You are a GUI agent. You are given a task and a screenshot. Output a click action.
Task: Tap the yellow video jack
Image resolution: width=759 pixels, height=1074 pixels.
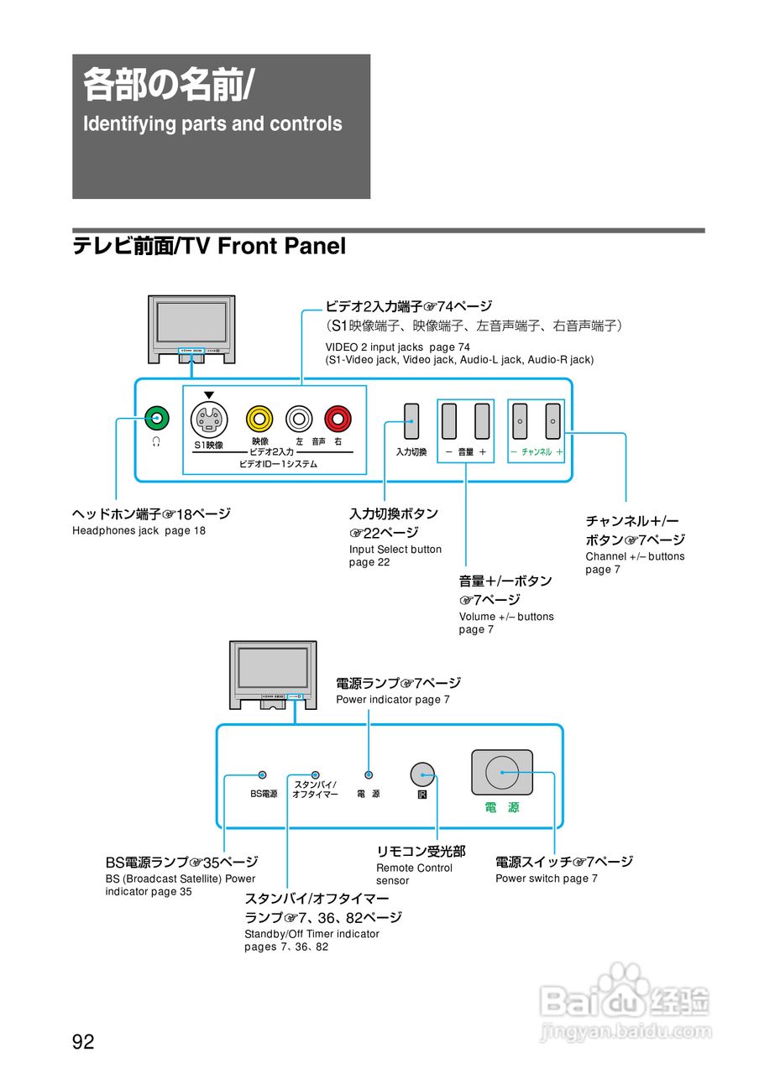259,417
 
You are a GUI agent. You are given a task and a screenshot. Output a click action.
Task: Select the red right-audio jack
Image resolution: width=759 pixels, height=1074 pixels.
338,417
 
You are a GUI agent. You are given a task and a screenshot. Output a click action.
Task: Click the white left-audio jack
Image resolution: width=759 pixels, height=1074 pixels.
299,417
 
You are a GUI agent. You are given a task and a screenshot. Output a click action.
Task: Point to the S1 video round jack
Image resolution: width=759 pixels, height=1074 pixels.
209,417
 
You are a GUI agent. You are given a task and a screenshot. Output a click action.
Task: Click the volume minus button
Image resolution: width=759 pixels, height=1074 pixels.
449,421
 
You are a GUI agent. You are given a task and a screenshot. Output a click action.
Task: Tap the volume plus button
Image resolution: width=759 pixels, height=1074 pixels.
482,421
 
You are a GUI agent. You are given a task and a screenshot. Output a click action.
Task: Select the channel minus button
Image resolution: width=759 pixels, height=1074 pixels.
520,421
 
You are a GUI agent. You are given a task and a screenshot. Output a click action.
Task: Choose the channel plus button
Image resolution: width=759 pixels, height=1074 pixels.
552,421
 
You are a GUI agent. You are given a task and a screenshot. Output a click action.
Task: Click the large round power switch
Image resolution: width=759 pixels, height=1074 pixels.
502,772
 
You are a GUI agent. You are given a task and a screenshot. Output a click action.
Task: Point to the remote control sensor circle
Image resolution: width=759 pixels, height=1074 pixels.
421,774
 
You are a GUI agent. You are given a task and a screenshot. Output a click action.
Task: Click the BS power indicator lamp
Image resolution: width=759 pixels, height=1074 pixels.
263,774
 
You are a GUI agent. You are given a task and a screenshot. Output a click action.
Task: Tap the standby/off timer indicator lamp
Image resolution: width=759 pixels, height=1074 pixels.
316,774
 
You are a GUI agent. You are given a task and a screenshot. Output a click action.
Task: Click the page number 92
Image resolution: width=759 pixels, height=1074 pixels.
83,1043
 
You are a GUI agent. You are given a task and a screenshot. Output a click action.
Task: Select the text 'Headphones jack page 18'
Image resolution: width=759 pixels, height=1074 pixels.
139,531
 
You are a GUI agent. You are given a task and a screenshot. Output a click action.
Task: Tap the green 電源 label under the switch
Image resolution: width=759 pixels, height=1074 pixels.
502,808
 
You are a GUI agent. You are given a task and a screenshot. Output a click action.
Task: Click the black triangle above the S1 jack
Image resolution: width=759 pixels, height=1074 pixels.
209,395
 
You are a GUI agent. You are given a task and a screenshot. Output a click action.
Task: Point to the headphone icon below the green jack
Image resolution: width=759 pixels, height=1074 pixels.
156,441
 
